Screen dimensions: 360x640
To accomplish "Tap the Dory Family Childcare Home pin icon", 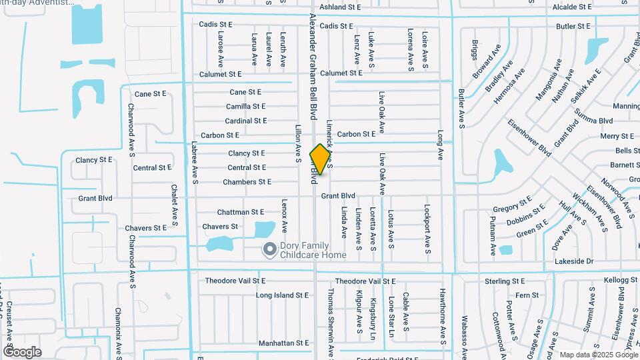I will pyautogui.click(x=269, y=250).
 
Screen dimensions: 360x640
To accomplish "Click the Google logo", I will pyautogui.click(x=22, y=351).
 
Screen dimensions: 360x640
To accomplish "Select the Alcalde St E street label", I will pyautogui.click(x=572, y=7).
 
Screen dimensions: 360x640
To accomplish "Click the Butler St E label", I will pyautogui.click(x=573, y=27).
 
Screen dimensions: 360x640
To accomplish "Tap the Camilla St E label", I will pyautogui.click(x=246, y=107).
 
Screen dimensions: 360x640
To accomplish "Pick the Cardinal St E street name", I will pyautogui.click(x=245, y=121).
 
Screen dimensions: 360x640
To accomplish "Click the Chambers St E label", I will pyautogui.click(x=247, y=182).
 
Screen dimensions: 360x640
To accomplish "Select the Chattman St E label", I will pyautogui.click(x=241, y=212).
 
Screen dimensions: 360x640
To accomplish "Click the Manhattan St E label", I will pyautogui.click(x=284, y=343).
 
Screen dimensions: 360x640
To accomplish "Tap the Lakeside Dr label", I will pyautogui.click(x=574, y=262).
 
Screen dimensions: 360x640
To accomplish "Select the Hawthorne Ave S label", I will pyautogui.click(x=441, y=317).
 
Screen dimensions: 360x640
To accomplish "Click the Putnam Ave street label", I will pyautogui.click(x=493, y=236).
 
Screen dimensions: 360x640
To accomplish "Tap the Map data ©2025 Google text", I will pyautogui.click(x=597, y=355).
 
